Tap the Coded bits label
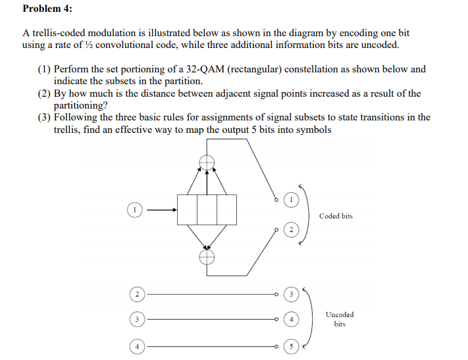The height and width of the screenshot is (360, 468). click(336, 216)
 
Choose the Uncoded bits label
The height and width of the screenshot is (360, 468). click(340, 319)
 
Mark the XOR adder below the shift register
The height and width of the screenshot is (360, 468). click(207, 257)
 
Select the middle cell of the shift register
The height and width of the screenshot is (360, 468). click(207, 209)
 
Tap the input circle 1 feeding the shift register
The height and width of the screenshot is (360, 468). click(134, 209)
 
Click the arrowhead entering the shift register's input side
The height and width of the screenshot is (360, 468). click(174, 210)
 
